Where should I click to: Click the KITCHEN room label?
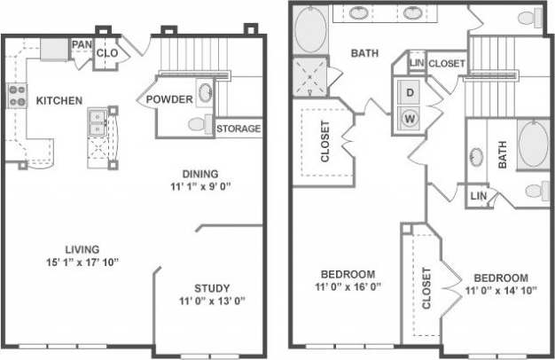click(x=60, y=100)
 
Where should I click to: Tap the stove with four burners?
click(x=16, y=95)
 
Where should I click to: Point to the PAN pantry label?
click(x=82, y=43)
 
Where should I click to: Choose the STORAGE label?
click(x=238, y=129)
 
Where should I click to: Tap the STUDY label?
click(x=211, y=287)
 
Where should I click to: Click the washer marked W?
click(x=410, y=116)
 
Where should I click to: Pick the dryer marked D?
click(x=410, y=92)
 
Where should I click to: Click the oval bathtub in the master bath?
click(x=310, y=29)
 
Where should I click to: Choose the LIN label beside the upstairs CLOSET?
click(x=416, y=64)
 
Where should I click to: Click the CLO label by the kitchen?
click(x=107, y=53)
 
